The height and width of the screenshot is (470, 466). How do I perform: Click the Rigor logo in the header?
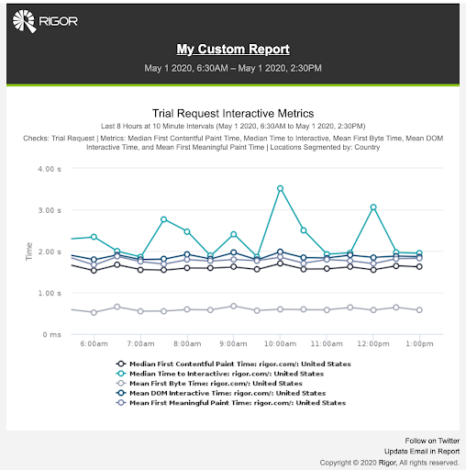coord(45,21)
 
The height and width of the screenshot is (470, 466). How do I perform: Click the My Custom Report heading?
coord(233,50)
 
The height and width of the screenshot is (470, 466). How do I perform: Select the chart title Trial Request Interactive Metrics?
coord(233,114)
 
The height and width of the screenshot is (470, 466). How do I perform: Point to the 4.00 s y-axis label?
coord(50,169)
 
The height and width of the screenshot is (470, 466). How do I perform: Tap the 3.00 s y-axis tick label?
coord(50,210)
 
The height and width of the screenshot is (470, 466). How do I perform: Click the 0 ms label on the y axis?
coord(52,334)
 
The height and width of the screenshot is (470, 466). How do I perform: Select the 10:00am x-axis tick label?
coord(280,344)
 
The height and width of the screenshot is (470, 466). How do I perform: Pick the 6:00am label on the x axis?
coord(94,344)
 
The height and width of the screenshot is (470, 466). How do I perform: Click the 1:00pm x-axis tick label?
coord(419,344)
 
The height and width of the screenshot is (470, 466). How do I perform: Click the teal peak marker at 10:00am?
coord(280,188)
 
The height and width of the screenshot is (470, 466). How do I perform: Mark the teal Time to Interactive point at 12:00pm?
coord(373,207)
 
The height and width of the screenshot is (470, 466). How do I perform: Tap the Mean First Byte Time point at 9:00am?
coord(233,306)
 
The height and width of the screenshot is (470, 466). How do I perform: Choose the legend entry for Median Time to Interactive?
coord(219,374)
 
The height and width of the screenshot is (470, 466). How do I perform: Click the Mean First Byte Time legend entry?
coord(209,384)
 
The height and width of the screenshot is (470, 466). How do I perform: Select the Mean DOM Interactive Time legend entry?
coord(220,393)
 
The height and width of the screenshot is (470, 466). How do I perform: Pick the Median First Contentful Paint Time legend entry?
coord(233,364)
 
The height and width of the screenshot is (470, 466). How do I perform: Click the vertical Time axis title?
coord(28,252)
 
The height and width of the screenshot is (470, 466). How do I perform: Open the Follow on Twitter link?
coord(432,441)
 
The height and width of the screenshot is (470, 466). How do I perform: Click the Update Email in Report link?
coord(422,452)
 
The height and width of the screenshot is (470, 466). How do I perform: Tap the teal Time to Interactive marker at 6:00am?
coord(94,237)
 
